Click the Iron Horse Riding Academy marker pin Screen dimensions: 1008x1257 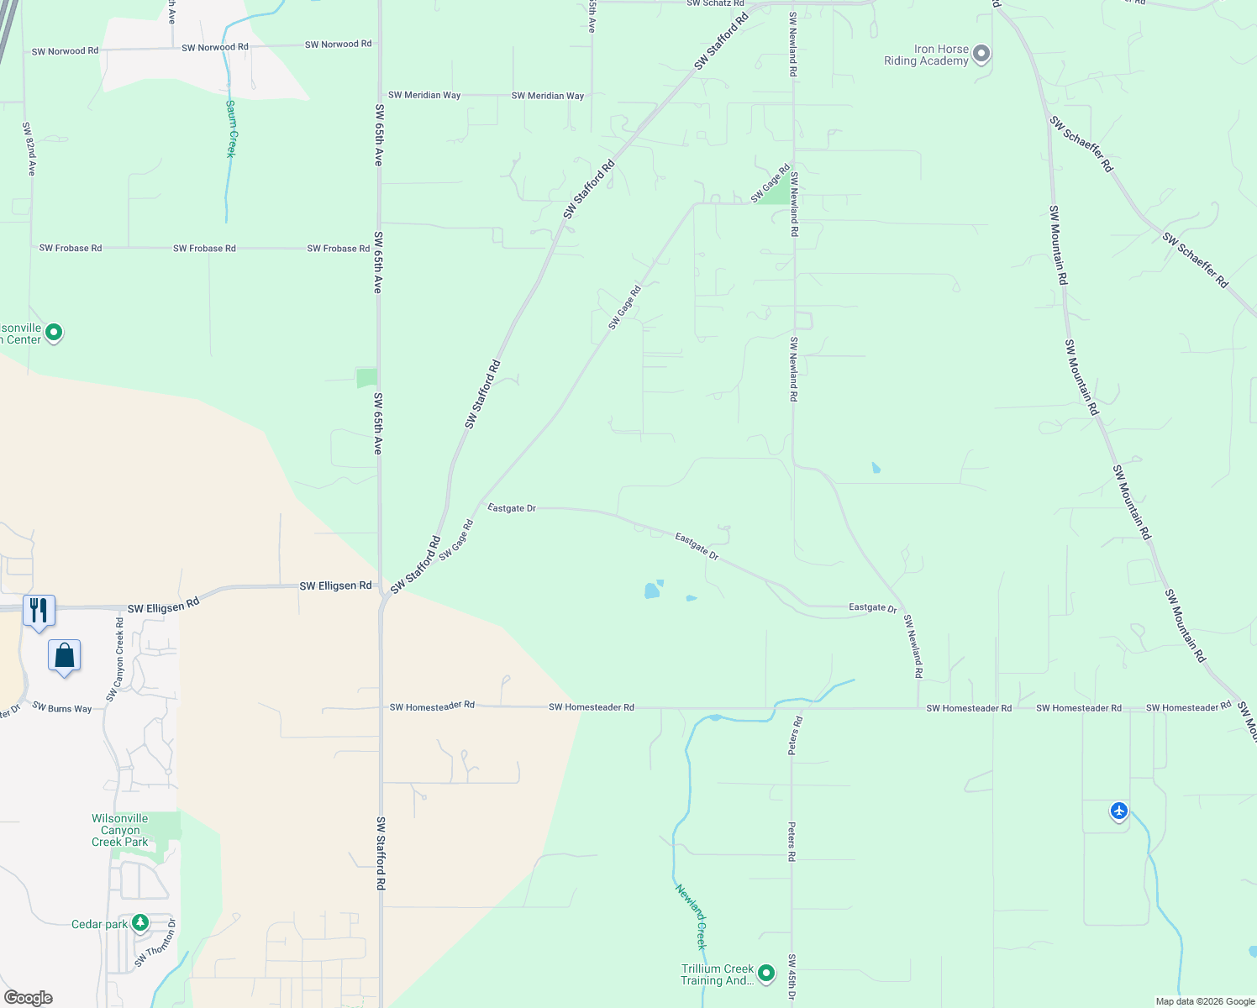click(981, 55)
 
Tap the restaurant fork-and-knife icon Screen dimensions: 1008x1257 click(39, 610)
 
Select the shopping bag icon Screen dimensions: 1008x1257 click(65, 656)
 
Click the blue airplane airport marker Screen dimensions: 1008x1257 click(1118, 811)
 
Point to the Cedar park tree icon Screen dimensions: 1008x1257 click(140, 923)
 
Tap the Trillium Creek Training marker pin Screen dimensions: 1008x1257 click(765, 974)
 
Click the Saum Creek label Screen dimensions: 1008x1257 click(231, 129)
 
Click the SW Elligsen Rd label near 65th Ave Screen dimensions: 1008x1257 click(335, 585)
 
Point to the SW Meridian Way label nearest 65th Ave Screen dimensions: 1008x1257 click(424, 95)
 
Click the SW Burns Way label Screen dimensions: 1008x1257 click(62, 708)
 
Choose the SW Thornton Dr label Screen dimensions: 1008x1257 click(156, 944)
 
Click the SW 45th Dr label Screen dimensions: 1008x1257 click(792, 978)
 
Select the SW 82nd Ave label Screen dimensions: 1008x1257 click(29, 149)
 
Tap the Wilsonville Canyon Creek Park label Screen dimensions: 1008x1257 click(120, 830)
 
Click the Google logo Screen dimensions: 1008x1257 click(29, 998)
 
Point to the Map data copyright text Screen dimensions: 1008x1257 click(1205, 1001)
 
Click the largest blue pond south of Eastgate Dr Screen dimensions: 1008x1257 click(651, 591)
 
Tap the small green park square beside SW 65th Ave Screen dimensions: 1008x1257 click(366, 378)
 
